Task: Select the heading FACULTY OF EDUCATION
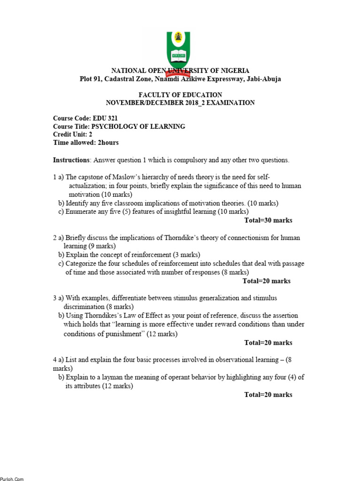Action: pyautogui.click(x=180, y=95)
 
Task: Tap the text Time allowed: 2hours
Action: pyautogui.click(x=86, y=142)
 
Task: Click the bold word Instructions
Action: pyautogui.click(x=71, y=160)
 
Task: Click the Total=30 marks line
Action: pyautogui.click(x=268, y=220)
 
